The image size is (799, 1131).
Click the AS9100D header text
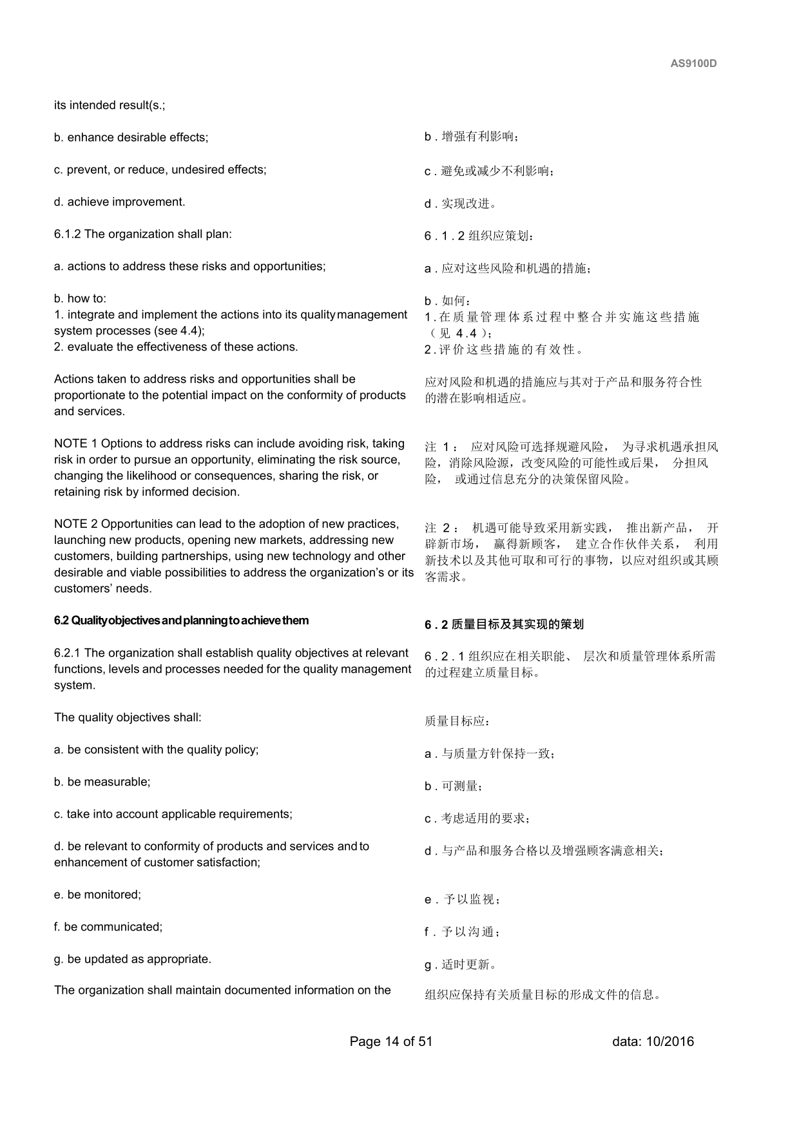point(693,64)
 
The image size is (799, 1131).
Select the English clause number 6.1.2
point(68,235)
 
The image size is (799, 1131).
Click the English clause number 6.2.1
point(68,653)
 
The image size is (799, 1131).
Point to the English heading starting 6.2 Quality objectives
point(181,621)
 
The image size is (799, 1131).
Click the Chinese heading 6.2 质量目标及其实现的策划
point(504,624)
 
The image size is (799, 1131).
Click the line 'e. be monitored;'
point(97,895)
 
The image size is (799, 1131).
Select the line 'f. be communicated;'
point(108,927)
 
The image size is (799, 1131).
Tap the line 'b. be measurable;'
point(102,782)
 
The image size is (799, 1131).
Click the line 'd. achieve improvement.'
point(119,202)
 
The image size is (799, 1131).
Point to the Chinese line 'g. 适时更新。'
point(460,965)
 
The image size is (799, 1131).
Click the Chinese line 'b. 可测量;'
point(454,786)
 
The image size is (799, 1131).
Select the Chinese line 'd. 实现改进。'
point(460,204)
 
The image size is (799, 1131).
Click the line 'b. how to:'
point(80,299)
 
